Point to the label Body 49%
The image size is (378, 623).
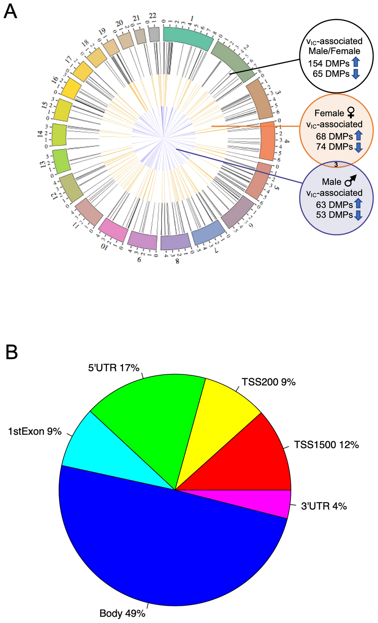coord(122,613)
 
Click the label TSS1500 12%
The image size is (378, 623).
coord(326,445)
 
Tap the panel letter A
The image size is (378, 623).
coord(10,11)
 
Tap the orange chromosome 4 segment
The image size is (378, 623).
coord(267,140)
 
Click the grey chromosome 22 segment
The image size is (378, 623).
coord(154,34)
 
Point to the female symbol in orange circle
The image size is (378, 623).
coord(351,113)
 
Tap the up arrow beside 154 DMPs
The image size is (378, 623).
coord(355,62)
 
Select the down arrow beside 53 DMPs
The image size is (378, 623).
coord(358,215)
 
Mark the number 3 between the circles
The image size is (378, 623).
coord(336,165)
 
